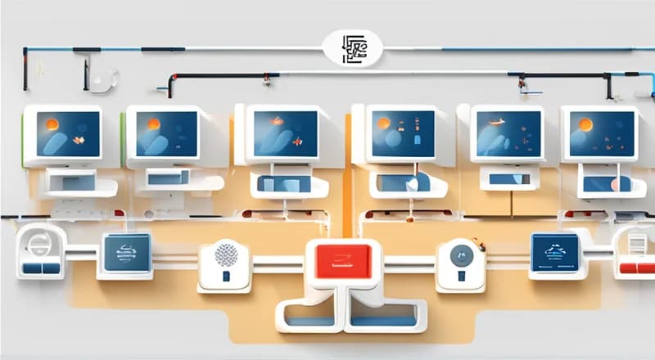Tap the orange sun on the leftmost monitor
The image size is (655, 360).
point(51,124)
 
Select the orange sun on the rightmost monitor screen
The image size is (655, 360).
point(585,125)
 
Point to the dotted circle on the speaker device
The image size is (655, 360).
point(225,254)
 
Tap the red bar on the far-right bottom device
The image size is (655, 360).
point(637,268)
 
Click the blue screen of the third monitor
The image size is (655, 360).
point(285,133)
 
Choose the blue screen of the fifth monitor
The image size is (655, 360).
point(505,133)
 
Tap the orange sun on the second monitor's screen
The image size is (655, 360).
point(152,124)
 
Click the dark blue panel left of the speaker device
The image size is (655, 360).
point(127,252)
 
